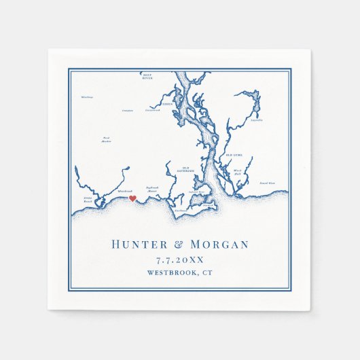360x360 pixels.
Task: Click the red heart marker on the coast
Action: click(133, 199)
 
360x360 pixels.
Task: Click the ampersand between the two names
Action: click(179, 245)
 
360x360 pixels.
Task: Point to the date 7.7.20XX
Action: click(180, 260)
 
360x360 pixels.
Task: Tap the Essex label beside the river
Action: click(167, 105)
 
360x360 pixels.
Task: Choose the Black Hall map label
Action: click(237, 172)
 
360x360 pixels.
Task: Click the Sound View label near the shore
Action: click(267, 183)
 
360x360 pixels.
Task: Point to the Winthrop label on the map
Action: click(86, 96)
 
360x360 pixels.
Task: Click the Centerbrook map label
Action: click(151, 110)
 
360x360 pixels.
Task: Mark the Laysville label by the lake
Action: click(256, 120)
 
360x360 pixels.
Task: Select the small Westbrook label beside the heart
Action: click(125, 191)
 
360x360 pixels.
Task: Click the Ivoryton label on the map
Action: click(127, 109)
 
